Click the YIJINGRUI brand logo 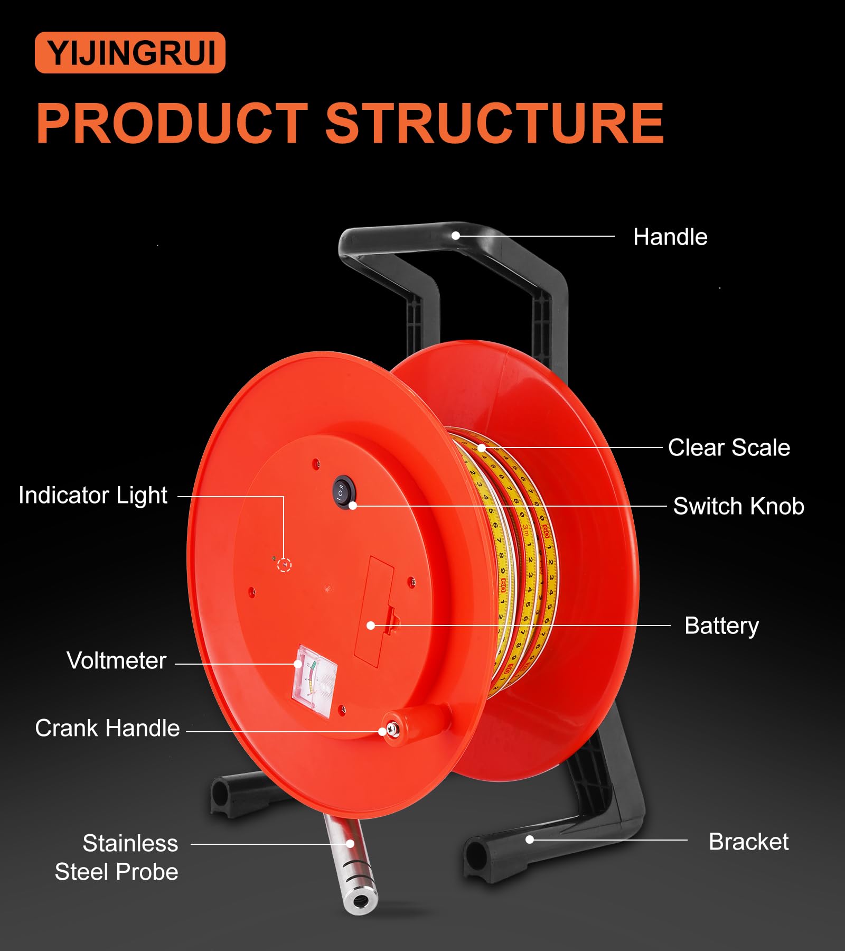(130, 52)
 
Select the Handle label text (670, 237)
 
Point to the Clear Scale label (729, 447)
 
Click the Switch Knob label (738, 506)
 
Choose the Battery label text (721, 626)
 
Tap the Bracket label (748, 842)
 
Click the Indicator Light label (93, 496)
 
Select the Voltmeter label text (116, 660)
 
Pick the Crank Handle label (107, 728)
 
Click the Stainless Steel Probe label (116, 857)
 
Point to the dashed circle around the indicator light (285, 565)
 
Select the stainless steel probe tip (360, 899)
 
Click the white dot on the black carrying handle (456, 236)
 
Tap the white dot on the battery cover (371, 626)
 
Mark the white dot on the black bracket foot (530, 840)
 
